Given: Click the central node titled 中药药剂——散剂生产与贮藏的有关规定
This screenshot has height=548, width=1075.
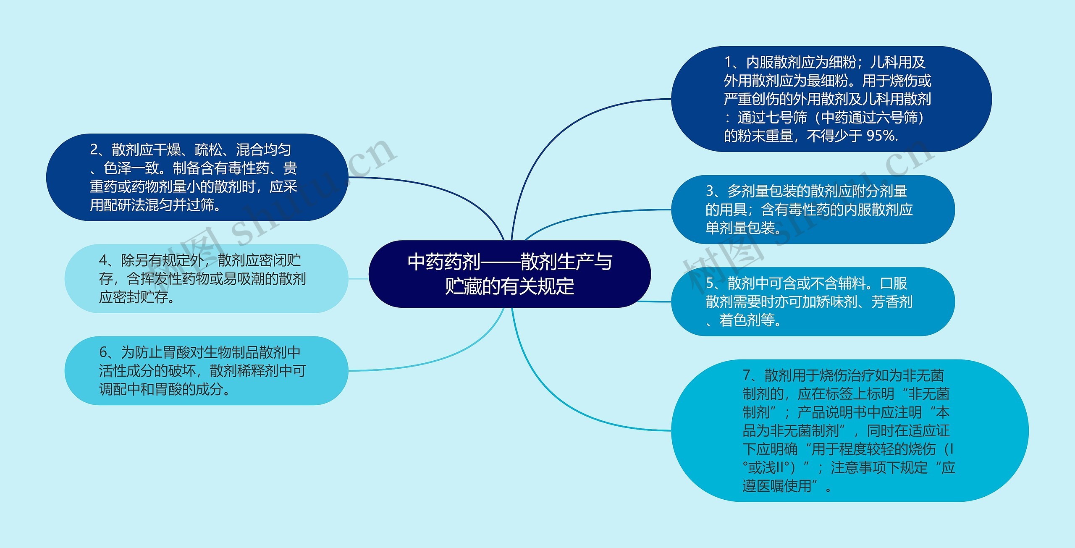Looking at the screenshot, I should [509, 274].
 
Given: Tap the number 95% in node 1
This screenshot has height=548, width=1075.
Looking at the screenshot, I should [881, 136].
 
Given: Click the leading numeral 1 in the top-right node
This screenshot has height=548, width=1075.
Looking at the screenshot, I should [728, 63].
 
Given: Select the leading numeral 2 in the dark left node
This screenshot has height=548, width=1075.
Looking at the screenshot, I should [94, 150].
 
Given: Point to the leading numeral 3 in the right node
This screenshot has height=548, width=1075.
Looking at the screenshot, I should [710, 191].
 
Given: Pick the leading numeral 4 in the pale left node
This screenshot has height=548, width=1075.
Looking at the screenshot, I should [103, 260].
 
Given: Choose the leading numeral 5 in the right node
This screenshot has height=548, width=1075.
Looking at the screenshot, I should [710, 283].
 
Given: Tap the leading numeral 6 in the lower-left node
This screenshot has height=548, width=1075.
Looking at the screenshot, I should [103, 352].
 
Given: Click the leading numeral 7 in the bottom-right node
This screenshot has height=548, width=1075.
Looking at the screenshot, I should [747, 375].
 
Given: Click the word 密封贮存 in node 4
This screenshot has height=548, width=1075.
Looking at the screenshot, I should [140, 297].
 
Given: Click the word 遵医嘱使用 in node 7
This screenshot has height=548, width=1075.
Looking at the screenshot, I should [777, 486].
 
